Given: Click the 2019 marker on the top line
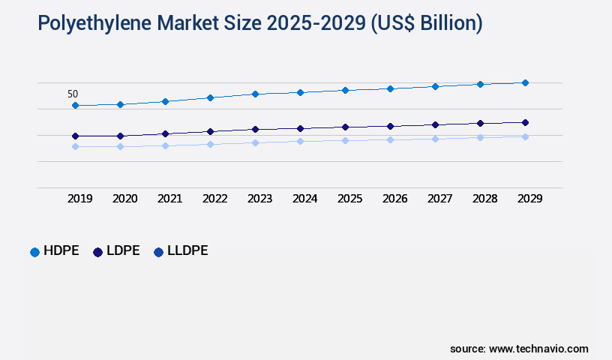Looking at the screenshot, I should (75, 106).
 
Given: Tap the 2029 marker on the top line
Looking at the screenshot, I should (525, 82).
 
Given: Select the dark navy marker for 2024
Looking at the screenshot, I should (300, 128).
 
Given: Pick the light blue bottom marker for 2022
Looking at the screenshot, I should (210, 144).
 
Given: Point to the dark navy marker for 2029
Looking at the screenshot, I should (525, 122).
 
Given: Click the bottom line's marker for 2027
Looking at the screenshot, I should (435, 139).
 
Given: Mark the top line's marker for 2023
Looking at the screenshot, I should (255, 94).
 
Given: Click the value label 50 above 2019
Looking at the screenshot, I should (73, 94).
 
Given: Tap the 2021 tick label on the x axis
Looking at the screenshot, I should (169, 199).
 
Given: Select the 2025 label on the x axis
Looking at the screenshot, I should (349, 199).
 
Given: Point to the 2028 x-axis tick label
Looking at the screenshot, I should (484, 199).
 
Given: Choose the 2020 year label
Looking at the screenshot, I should (124, 199).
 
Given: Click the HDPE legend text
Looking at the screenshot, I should (61, 251).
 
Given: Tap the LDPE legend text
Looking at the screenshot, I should (123, 251).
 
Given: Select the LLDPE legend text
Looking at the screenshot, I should (187, 251).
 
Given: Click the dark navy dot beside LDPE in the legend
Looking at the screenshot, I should (97, 252).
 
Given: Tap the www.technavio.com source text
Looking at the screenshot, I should (538, 349).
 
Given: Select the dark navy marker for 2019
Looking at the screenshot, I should (75, 136).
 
